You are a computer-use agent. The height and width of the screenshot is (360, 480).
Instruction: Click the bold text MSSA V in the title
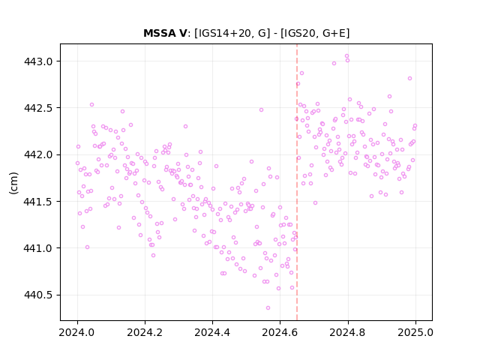click(165, 33)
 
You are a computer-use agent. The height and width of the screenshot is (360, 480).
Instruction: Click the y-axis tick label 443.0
click(38, 61)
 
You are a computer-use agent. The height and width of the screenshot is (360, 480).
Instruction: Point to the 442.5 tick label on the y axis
click(38, 108)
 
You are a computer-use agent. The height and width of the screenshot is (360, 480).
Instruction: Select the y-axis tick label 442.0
click(38, 155)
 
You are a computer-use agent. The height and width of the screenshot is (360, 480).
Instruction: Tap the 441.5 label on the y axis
click(38, 202)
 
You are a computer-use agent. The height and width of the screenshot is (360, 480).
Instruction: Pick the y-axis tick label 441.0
click(38, 248)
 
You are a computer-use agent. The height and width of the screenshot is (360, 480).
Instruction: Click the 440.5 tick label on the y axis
click(38, 295)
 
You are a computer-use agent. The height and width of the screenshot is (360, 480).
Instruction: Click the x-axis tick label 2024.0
click(77, 332)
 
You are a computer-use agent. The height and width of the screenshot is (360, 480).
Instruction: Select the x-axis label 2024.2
click(145, 332)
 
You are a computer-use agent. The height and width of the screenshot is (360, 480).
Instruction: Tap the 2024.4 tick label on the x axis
click(212, 332)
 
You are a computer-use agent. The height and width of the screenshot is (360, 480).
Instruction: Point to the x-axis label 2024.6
click(280, 332)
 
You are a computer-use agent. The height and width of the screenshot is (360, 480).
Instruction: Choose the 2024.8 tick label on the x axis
click(348, 332)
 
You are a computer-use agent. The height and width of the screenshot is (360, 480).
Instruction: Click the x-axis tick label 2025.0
click(415, 332)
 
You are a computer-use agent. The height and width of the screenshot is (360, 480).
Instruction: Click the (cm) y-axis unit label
click(13, 183)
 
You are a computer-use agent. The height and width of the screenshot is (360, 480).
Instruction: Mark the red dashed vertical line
click(297, 182)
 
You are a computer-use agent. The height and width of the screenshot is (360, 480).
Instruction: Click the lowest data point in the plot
click(268, 308)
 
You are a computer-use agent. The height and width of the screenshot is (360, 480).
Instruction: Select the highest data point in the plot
click(346, 56)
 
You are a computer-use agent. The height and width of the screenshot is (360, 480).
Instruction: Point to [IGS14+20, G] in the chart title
click(232, 33)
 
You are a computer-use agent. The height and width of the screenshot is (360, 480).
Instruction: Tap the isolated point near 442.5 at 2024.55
click(261, 110)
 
